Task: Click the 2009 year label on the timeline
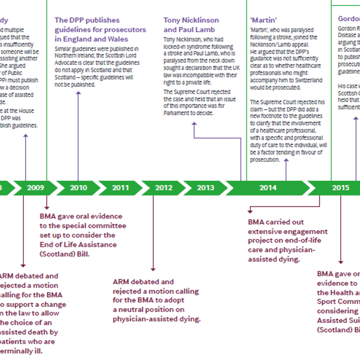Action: (35, 188)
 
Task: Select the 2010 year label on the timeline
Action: (78, 188)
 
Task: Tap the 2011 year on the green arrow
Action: (121, 188)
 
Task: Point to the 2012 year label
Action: (163, 188)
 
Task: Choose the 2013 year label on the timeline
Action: (205, 188)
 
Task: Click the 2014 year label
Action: (268, 188)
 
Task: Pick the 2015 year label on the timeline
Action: (341, 188)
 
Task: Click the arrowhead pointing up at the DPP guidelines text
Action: (78, 93)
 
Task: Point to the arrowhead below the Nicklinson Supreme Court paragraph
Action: (194, 123)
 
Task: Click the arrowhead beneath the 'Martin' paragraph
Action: (286, 160)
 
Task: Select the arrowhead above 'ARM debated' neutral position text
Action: (153, 269)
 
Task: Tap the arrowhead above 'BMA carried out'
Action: (249, 209)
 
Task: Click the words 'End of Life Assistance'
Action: (78, 244)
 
